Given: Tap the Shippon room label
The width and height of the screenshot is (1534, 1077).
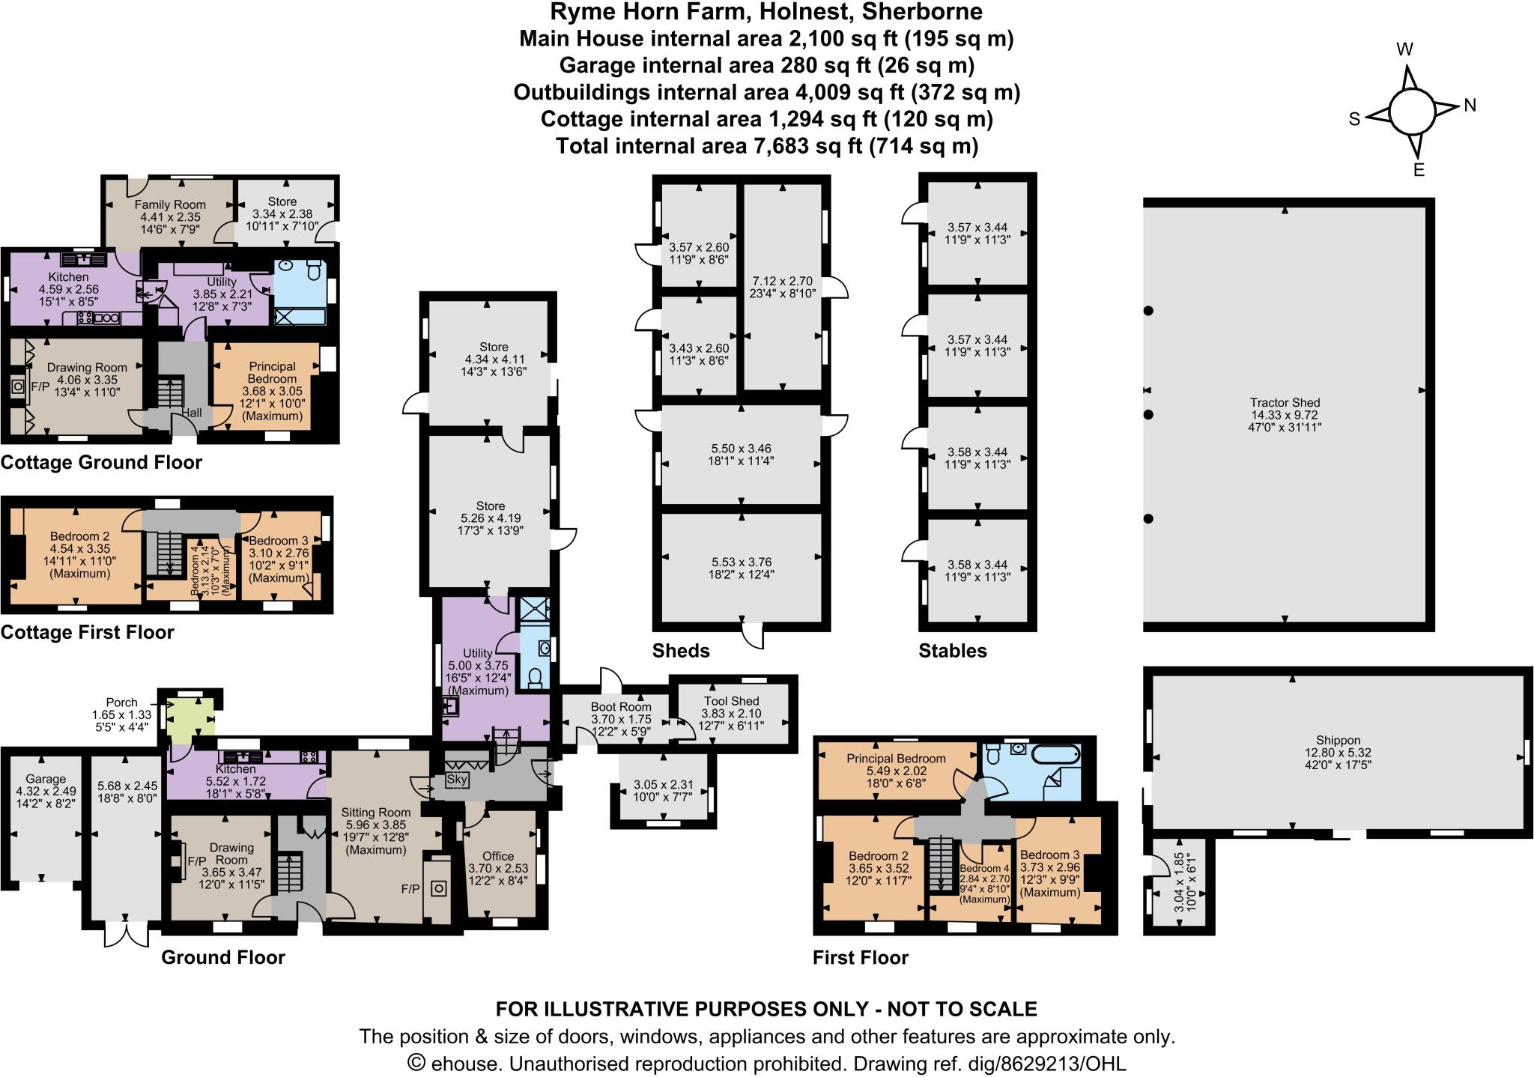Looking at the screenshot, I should (1339, 740).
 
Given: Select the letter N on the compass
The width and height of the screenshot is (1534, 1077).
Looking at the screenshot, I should (1470, 106).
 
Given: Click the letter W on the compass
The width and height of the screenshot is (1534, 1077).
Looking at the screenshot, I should (1405, 50).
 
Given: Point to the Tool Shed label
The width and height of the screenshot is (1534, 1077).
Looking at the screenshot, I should (731, 701).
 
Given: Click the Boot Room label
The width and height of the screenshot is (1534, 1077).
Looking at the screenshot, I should (620, 706).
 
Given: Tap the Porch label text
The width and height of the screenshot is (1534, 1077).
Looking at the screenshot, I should (121, 703).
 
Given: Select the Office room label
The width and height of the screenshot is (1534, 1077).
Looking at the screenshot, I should (497, 856).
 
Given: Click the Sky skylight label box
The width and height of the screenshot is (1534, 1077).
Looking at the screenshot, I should (456, 780).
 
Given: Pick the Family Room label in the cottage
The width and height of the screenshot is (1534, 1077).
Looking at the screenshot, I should (170, 204).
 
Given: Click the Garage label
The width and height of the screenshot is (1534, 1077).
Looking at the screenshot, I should (46, 779).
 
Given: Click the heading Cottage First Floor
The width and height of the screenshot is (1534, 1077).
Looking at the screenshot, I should (88, 632).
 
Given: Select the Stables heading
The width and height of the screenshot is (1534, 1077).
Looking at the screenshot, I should (952, 650).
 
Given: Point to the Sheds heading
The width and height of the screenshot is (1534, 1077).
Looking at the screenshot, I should (680, 650).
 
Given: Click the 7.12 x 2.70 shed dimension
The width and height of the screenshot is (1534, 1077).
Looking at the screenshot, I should (782, 282).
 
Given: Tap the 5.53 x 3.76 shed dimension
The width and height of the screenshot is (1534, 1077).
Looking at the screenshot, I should (742, 562).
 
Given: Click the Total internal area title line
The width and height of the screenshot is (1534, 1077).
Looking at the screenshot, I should (766, 145).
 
